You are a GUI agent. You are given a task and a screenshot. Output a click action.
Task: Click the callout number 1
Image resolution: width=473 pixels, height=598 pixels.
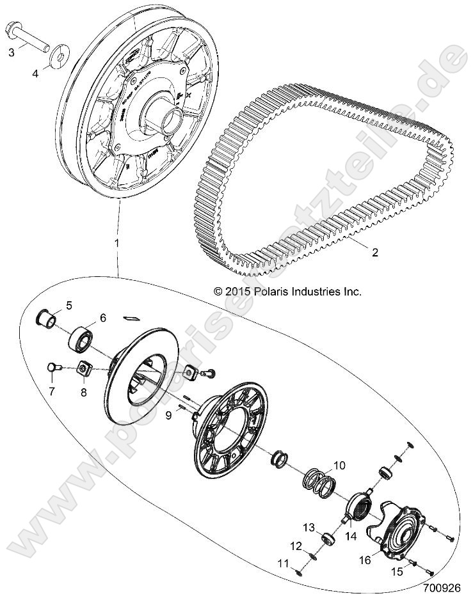pos(116,243)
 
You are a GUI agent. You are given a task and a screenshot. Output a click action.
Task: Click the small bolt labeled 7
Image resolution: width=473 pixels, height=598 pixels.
pos(54,367)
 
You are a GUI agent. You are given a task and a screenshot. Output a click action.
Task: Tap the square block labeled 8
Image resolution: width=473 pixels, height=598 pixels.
pos(83,369)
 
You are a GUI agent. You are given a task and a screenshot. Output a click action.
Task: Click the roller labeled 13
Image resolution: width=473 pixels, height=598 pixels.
pos(328,538)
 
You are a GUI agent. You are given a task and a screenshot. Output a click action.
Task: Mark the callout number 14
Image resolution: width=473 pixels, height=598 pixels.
pos(351,537)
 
